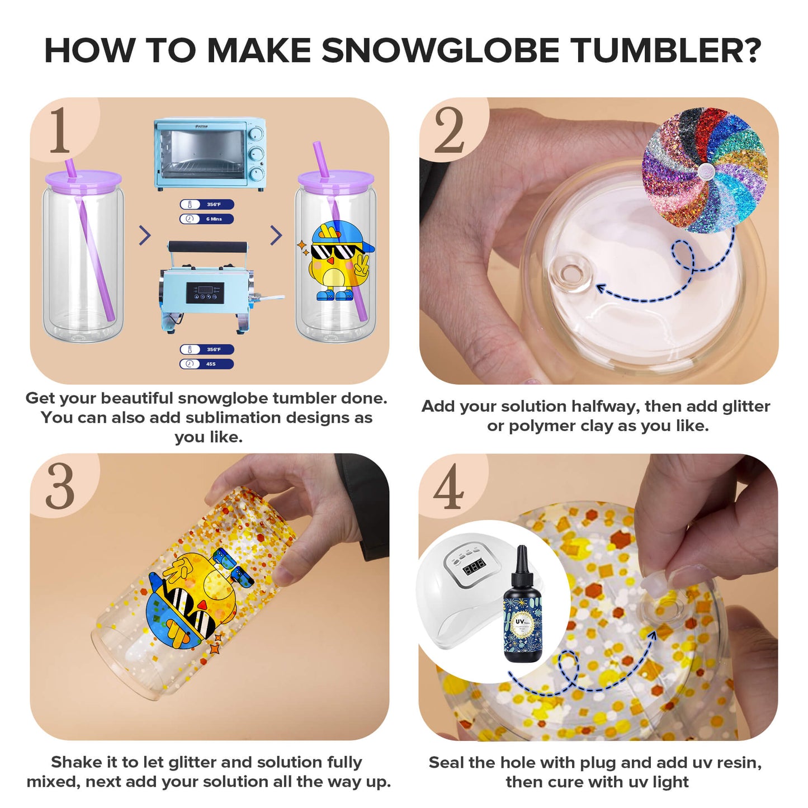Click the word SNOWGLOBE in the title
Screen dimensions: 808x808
coord(440,51)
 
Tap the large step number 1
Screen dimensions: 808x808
coord(60,131)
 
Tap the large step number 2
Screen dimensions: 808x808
coord(449,131)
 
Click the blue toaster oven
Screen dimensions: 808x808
coord(210,154)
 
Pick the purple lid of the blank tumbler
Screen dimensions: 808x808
coord(83,180)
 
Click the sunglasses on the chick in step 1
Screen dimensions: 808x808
coord(333,251)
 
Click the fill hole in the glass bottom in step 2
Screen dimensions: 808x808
coord(570,274)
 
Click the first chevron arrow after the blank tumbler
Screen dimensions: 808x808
coord(145,235)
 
